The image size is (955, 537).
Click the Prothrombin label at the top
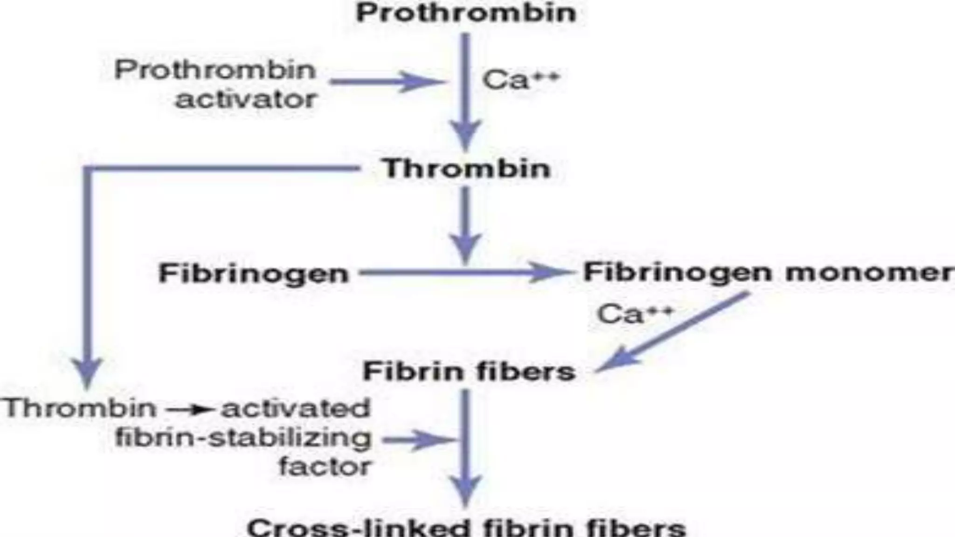(x=466, y=13)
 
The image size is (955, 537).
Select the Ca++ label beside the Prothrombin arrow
(x=520, y=80)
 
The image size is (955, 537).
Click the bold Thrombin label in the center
(x=466, y=168)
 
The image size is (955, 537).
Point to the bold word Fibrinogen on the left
(x=254, y=274)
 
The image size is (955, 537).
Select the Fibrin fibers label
(x=469, y=372)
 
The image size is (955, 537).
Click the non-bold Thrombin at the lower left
(x=80, y=408)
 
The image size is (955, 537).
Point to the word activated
(x=296, y=409)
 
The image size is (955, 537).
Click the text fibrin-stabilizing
(x=243, y=438)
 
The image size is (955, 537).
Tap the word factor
(x=325, y=467)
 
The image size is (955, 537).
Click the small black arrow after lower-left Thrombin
(x=189, y=410)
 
